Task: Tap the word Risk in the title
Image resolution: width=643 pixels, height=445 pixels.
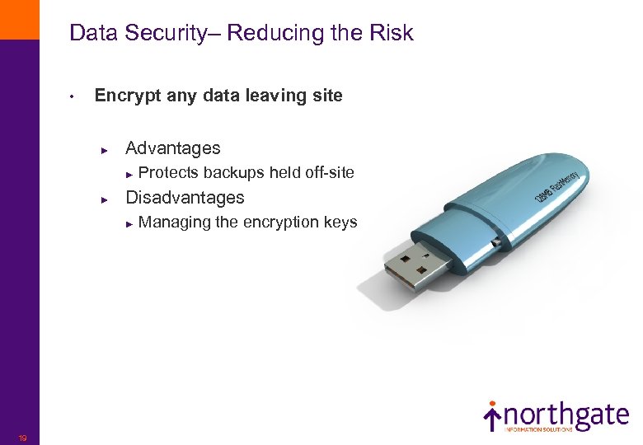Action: click(x=392, y=34)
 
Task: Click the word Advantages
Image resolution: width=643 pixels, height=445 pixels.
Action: click(x=173, y=148)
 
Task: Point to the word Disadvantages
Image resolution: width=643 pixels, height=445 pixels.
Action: click(x=185, y=198)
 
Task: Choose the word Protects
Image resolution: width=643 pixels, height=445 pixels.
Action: click(x=168, y=173)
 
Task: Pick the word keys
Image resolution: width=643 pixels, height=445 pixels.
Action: click(x=340, y=222)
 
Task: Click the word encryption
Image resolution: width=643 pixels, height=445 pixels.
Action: click(x=281, y=222)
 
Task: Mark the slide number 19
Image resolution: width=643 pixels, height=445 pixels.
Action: click(x=22, y=438)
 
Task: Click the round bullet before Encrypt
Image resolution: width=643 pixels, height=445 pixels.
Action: click(x=73, y=97)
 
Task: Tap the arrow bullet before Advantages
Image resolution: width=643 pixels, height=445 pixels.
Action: click(x=105, y=150)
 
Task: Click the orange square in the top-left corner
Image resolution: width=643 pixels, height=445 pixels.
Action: click(x=19, y=19)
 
